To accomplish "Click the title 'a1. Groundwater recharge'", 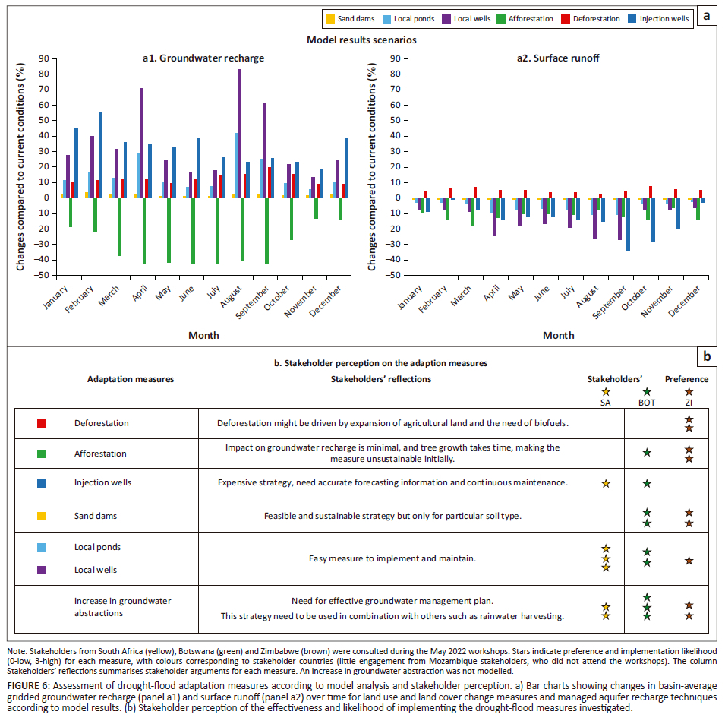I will coord(203,58).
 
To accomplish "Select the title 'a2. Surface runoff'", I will coord(559,58).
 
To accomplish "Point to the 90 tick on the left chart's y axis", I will coord(43,58).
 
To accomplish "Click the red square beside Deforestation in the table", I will coord(42,423).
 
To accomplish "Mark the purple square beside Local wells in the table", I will coord(42,570).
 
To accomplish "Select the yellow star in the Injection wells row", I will coord(605,483).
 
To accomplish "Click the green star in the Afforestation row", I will coord(647,453).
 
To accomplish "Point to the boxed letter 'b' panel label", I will coord(707,356).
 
